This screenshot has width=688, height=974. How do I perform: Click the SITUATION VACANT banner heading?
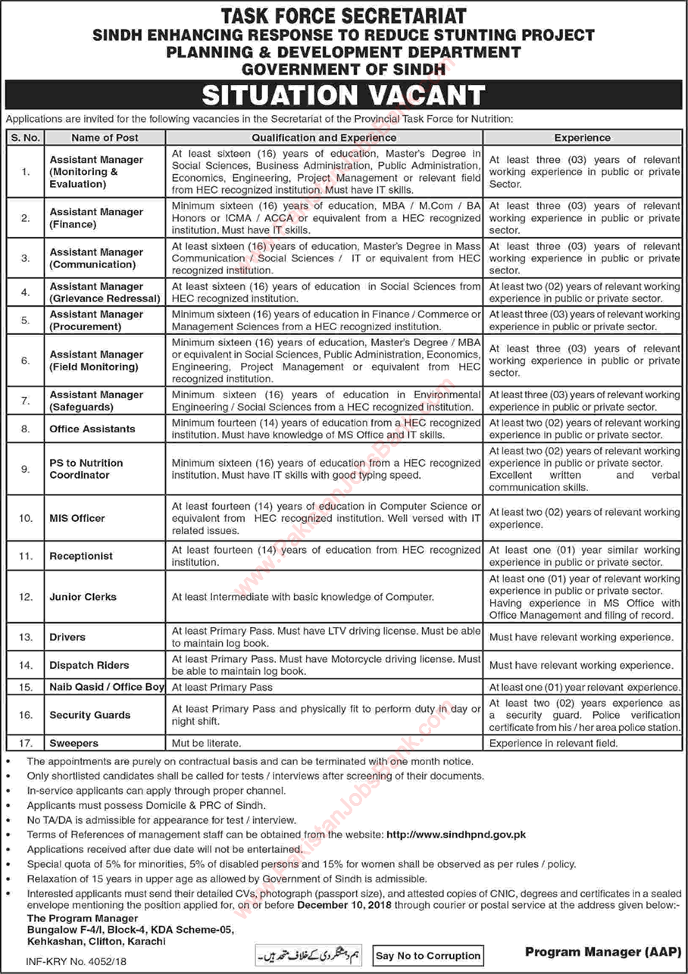[344, 95]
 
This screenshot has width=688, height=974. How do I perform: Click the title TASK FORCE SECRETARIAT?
[344, 15]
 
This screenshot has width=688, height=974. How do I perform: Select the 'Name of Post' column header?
[105, 138]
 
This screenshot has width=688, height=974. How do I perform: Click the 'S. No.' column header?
[26, 138]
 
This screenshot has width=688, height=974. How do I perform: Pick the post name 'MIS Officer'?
[77, 518]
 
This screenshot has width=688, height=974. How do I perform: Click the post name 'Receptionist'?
[81, 556]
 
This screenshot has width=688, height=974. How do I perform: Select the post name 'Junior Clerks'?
[83, 597]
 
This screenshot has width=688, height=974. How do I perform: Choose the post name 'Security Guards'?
[90, 715]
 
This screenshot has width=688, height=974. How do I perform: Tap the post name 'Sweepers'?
[74, 744]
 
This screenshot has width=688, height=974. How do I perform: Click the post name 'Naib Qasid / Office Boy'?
[107, 687]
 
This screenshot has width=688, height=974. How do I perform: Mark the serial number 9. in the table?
[26, 469]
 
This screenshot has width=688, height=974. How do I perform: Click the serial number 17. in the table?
[26, 744]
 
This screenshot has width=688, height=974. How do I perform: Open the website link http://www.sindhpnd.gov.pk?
[456, 834]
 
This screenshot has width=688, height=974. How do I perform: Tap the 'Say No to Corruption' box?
[428, 956]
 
